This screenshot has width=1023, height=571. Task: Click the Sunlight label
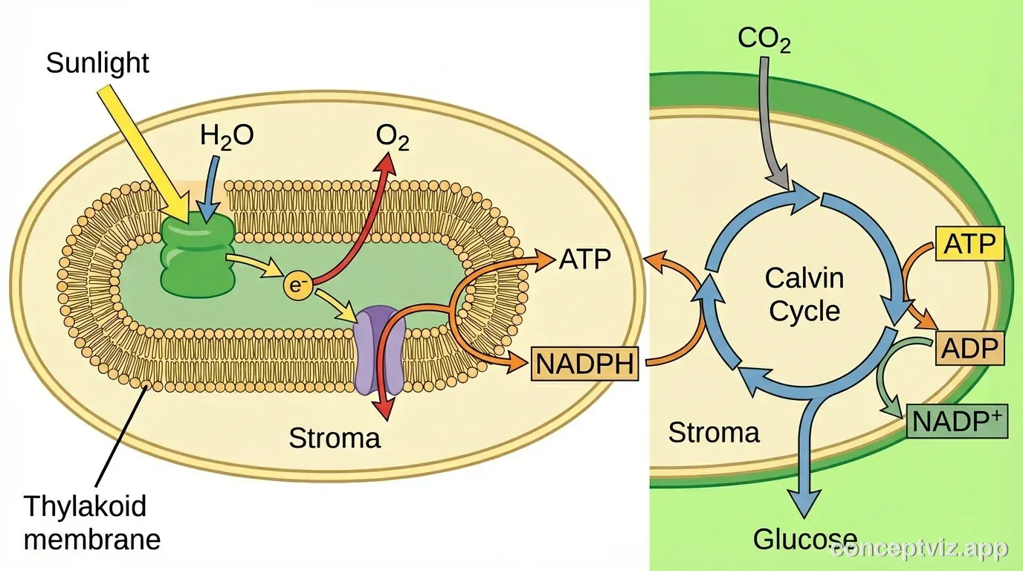coord(97,62)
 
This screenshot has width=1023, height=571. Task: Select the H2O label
coord(227,136)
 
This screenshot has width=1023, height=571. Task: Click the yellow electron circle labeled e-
coord(297,285)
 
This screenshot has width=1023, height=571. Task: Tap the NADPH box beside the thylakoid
coord(585,364)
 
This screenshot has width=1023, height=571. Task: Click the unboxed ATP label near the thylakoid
coord(584,259)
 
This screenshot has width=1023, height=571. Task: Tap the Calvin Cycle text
coord(804,294)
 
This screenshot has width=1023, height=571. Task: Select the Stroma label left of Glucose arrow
coord(714,432)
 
